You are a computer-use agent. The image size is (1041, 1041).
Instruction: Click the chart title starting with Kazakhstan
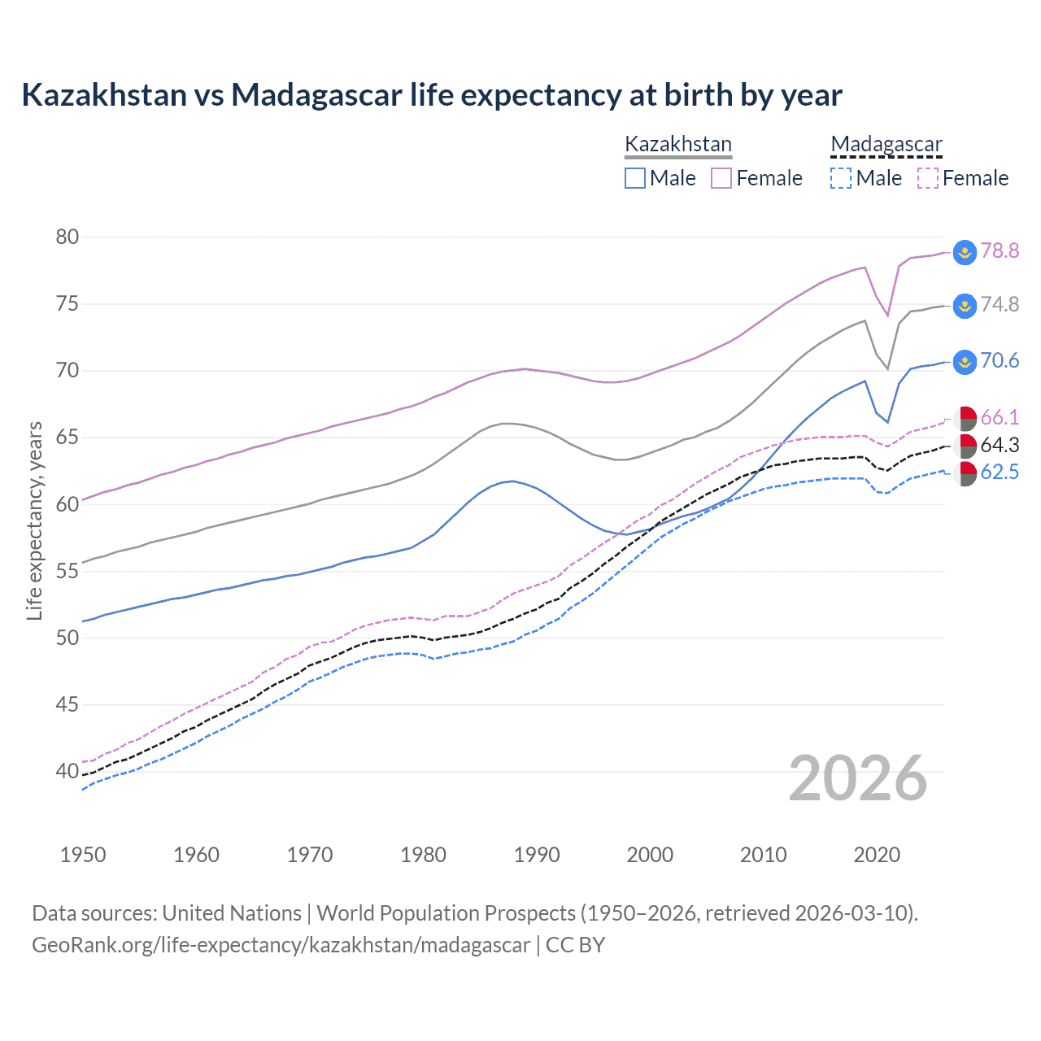coord(431,95)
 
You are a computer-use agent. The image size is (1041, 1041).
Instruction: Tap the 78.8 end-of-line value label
coord(1000,250)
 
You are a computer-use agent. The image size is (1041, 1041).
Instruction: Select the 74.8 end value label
coord(1000,304)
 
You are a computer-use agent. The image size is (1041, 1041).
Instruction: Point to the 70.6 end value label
coord(1000,360)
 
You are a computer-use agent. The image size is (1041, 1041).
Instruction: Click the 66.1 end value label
coord(1000,417)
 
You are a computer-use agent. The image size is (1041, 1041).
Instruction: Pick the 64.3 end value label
coord(1000,445)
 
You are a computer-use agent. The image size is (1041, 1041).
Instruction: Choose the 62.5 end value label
coord(1000,472)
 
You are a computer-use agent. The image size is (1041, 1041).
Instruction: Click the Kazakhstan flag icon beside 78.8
coord(965,252)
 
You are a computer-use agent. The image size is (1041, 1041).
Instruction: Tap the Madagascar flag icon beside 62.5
coord(965,473)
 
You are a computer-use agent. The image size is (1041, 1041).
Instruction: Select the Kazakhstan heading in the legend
coord(678,144)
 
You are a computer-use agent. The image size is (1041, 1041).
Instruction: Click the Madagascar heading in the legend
coord(886,144)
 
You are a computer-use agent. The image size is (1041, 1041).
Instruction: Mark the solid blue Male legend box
coord(635,178)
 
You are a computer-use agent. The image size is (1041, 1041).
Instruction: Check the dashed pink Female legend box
coord(928,178)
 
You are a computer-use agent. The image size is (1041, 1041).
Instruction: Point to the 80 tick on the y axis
coord(68,237)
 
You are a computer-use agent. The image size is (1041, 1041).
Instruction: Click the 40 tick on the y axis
coord(68,770)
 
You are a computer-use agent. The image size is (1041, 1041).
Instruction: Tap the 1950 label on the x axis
coord(83,855)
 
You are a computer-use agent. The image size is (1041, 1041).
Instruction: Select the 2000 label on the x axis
coord(650,855)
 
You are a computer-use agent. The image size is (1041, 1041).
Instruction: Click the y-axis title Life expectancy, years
coord(34,520)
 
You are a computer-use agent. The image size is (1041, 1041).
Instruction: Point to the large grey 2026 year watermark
coord(858,778)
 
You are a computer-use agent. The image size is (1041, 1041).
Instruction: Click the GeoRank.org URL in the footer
coord(281,945)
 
